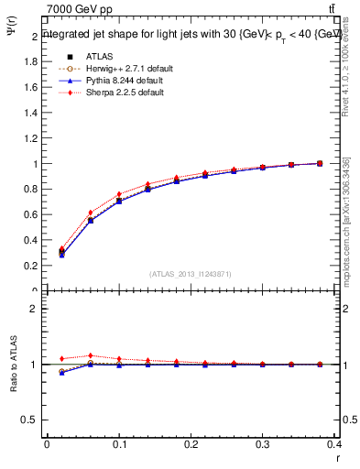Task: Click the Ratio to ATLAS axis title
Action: click(14, 365)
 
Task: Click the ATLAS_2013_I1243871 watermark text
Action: click(191, 274)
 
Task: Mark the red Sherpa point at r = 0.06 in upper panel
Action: click(90, 213)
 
